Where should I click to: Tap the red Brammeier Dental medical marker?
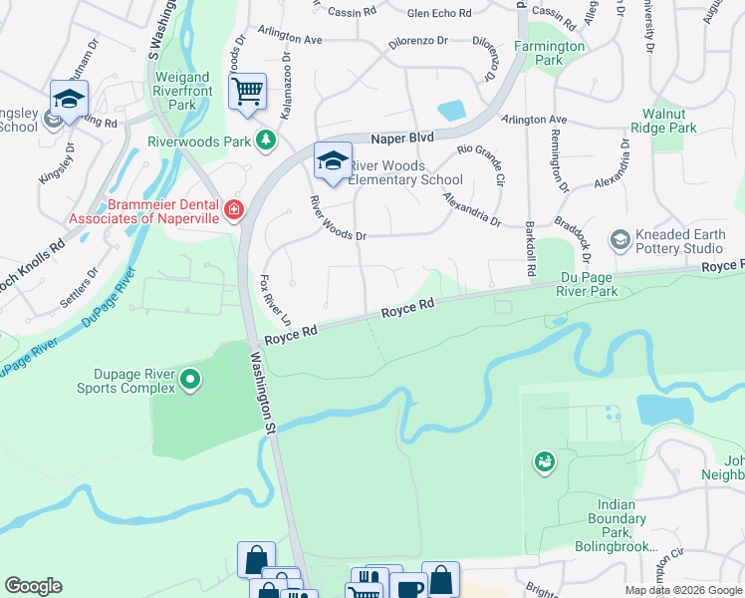[x=234, y=209]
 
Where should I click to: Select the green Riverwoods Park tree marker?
[x=265, y=141]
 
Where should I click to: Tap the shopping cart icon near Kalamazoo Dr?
[x=247, y=92]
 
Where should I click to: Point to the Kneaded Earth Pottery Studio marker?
[x=620, y=239]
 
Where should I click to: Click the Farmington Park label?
[x=550, y=53]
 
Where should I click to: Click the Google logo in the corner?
[x=33, y=586]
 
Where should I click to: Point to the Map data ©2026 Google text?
[x=683, y=590]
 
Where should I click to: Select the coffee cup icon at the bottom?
[x=407, y=587]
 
